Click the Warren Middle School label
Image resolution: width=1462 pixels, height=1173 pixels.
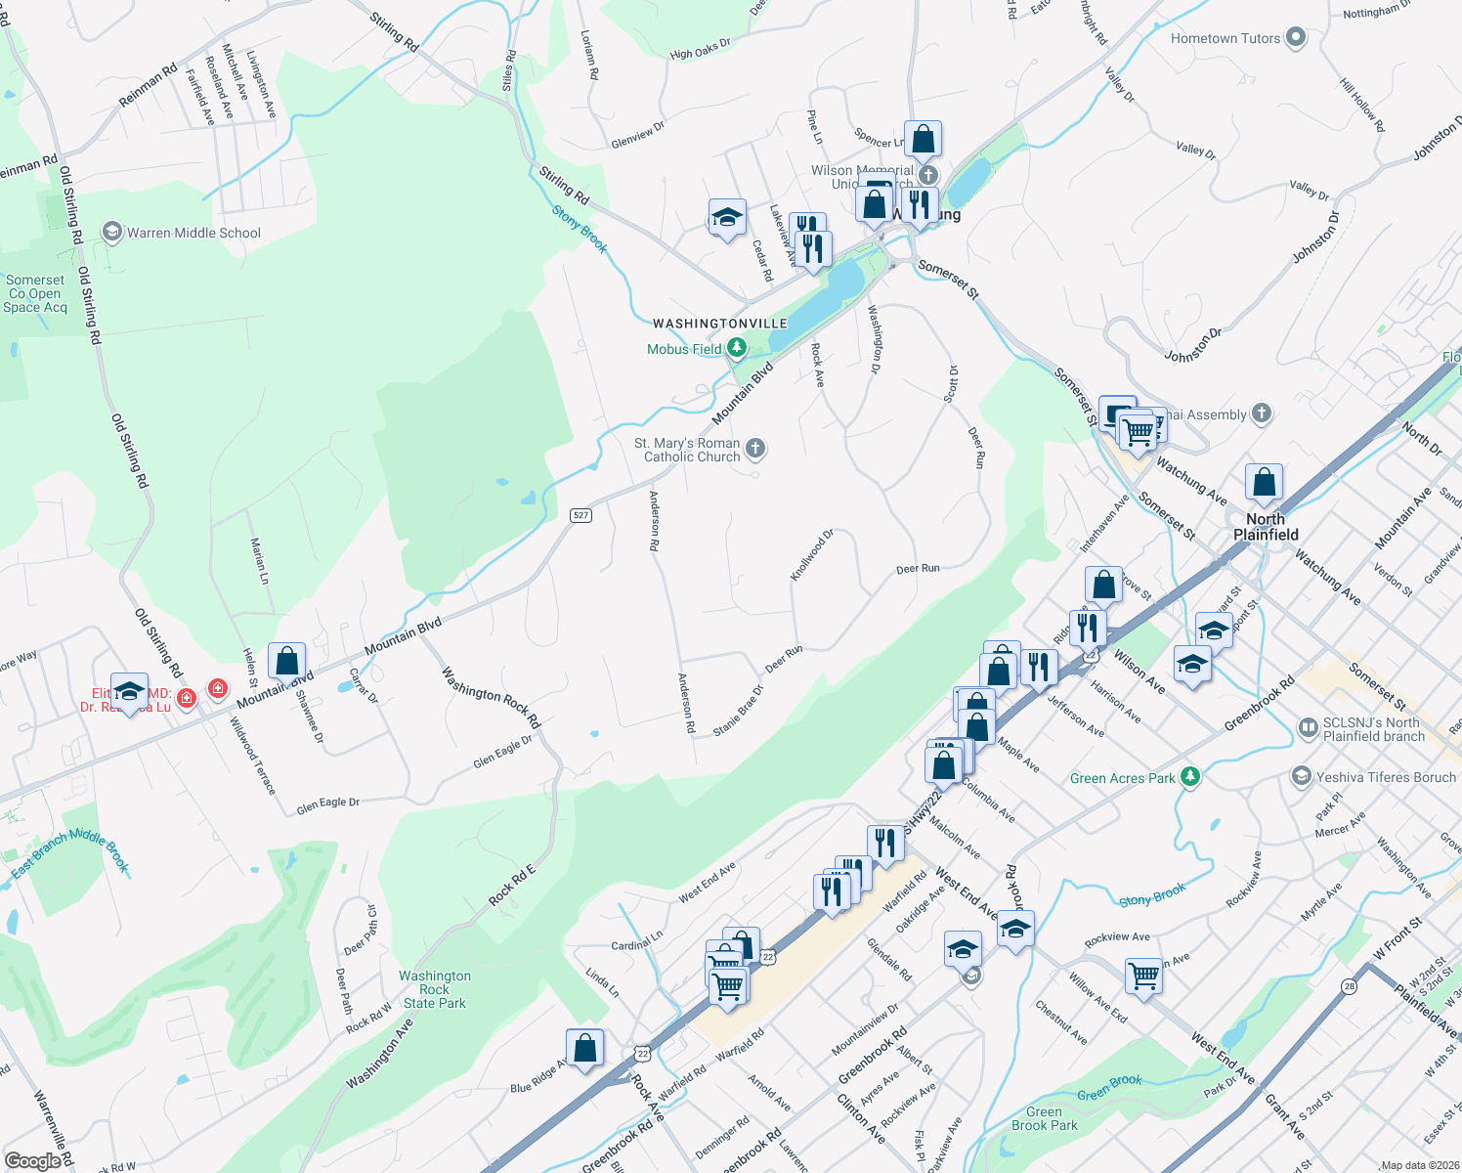point(193,233)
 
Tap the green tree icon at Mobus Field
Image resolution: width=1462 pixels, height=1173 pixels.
point(737,348)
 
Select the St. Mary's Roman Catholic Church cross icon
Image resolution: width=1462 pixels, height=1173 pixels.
point(754,449)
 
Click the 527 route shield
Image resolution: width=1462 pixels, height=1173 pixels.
point(580,515)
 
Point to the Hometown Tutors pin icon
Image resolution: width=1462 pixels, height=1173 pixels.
point(1296,38)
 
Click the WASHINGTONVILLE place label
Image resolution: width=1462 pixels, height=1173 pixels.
point(719,324)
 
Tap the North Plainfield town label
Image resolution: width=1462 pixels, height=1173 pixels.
point(1266,527)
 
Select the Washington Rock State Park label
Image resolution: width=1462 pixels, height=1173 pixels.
point(435,989)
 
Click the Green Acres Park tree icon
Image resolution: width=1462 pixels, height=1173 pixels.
point(1189,777)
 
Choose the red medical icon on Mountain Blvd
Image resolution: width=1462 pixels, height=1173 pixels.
point(217,690)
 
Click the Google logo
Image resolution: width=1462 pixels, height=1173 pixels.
point(33,1160)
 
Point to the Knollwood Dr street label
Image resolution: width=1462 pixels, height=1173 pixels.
point(812,555)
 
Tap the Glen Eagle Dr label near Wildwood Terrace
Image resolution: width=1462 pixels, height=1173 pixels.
point(328,804)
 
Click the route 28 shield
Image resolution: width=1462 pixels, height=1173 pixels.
point(1349,987)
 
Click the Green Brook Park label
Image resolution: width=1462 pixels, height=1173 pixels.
point(1045,1118)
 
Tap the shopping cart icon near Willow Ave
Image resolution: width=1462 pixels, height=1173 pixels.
point(1143,976)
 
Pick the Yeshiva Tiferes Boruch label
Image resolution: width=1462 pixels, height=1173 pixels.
point(1386,777)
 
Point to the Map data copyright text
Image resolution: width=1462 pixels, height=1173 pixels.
point(1419,1165)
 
